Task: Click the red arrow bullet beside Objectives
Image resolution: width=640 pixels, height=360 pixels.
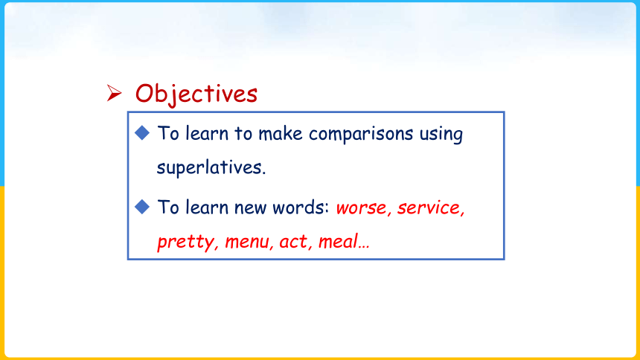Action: point(115,93)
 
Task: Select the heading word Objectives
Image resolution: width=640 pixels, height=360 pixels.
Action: point(196,94)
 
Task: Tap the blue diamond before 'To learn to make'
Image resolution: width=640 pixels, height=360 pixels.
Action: point(142,132)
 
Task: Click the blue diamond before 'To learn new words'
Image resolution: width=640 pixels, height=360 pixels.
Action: point(142,207)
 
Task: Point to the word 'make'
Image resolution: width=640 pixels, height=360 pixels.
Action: point(281,133)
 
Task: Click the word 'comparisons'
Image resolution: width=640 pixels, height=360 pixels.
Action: point(361,135)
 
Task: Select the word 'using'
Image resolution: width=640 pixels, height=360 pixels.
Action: point(441,135)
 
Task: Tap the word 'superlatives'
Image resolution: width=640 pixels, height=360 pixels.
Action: point(208,167)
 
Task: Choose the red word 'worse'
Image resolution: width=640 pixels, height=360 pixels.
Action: point(361,208)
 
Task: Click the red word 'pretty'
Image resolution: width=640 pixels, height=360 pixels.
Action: point(185,242)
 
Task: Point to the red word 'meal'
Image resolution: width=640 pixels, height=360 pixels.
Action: point(338,241)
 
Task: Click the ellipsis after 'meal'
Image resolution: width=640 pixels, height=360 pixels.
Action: point(364,247)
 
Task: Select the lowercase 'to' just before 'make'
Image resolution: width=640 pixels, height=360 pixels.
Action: point(243,133)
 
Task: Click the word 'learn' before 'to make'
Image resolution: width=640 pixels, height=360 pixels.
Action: point(207,133)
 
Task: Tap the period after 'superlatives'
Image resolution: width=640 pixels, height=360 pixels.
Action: point(263,173)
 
